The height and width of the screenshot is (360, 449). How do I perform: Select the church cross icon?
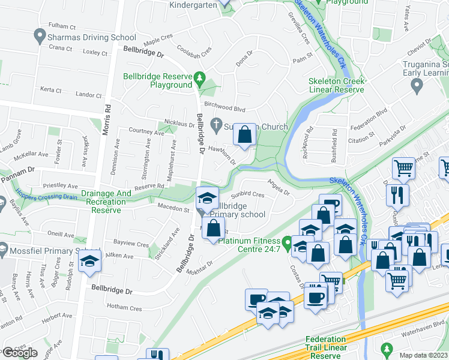coord(216,127)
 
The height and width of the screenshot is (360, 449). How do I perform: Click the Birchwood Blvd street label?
coord(226,109)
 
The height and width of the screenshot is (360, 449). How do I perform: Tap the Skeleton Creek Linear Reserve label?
coord(336,85)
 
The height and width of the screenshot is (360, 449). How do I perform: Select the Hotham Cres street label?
coord(124,308)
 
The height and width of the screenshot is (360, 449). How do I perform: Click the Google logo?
coord(20,353)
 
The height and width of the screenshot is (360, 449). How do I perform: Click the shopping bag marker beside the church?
coord(244,136)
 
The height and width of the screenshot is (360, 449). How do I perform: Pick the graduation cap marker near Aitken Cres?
coord(89,261)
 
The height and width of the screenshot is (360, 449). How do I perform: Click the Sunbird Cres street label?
coord(248,195)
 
